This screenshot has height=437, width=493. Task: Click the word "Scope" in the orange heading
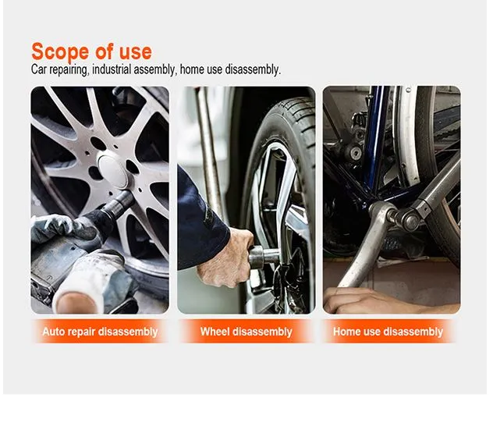pyautogui.click(x=60, y=52)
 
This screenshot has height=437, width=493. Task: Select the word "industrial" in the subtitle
pyautogui.click(x=112, y=69)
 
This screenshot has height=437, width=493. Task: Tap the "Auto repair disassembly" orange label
pyautogui.click(x=100, y=332)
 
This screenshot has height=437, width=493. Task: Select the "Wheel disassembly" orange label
pyautogui.click(x=247, y=332)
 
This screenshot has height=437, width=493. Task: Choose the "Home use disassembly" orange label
pyautogui.click(x=388, y=332)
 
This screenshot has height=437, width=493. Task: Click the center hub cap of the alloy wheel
pyautogui.click(x=112, y=171)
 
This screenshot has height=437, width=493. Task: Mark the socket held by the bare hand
pyautogui.click(x=264, y=257)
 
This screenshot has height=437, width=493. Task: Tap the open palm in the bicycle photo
pyautogui.click(x=378, y=300)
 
